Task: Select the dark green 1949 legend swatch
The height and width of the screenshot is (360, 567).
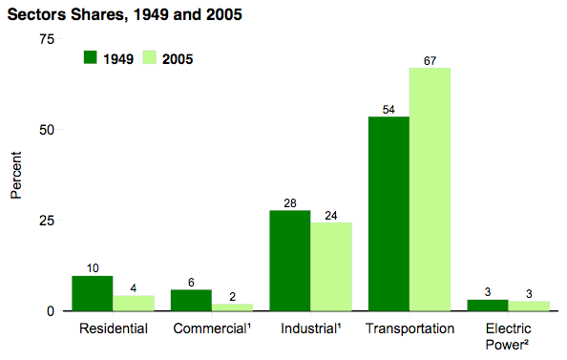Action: coord(92,57)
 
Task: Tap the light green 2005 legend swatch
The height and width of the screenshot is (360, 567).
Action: coord(149,57)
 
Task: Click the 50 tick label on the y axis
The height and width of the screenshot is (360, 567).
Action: coord(46,129)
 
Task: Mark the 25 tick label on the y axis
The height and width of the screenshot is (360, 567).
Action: coord(46,221)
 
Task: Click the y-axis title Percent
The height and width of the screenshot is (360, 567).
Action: coord(15,174)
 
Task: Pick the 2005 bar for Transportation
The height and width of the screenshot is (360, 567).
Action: coord(430,189)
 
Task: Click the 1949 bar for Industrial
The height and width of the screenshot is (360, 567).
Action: coord(290,261)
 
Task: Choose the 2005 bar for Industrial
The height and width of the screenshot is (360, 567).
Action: coord(331,267)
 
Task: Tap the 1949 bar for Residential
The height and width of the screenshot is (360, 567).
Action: coord(93,293)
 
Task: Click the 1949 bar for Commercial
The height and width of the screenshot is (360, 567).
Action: coord(191,300)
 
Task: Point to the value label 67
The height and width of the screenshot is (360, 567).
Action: coord(430,61)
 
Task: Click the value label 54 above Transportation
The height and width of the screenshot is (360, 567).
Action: coord(388,110)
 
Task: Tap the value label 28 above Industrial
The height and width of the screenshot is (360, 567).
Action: coord(290,203)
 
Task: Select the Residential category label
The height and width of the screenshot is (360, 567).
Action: coord(113,329)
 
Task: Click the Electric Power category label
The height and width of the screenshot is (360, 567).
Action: coord(507,336)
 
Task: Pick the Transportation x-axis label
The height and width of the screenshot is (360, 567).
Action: coord(409,329)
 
